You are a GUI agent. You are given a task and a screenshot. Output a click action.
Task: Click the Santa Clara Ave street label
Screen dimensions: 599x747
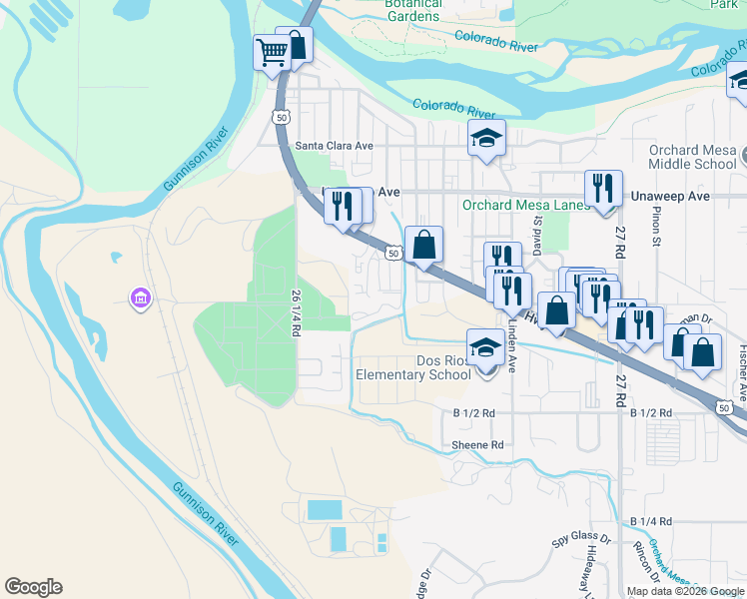tap(334, 146)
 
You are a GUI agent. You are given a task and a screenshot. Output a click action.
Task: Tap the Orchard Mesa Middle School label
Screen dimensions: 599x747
tap(692, 158)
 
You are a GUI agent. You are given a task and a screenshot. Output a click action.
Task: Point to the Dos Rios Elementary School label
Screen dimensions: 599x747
tap(413, 367)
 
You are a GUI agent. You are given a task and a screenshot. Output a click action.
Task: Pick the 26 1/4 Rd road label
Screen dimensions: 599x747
tap(296, 312)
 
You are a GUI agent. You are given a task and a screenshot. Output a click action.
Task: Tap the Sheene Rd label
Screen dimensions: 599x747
tap(477, 445)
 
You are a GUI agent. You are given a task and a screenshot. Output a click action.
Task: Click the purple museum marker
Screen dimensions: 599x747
tap(140, 299)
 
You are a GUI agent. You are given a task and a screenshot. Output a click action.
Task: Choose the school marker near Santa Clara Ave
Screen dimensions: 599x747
tap(487, 139)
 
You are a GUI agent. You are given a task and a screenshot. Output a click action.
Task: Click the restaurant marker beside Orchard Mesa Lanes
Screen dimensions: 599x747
tap(602, 187)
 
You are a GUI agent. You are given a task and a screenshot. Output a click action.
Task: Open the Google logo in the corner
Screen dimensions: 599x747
tap(33, 587)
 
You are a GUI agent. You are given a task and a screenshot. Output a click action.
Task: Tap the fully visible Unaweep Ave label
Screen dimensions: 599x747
tap(671, 197)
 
